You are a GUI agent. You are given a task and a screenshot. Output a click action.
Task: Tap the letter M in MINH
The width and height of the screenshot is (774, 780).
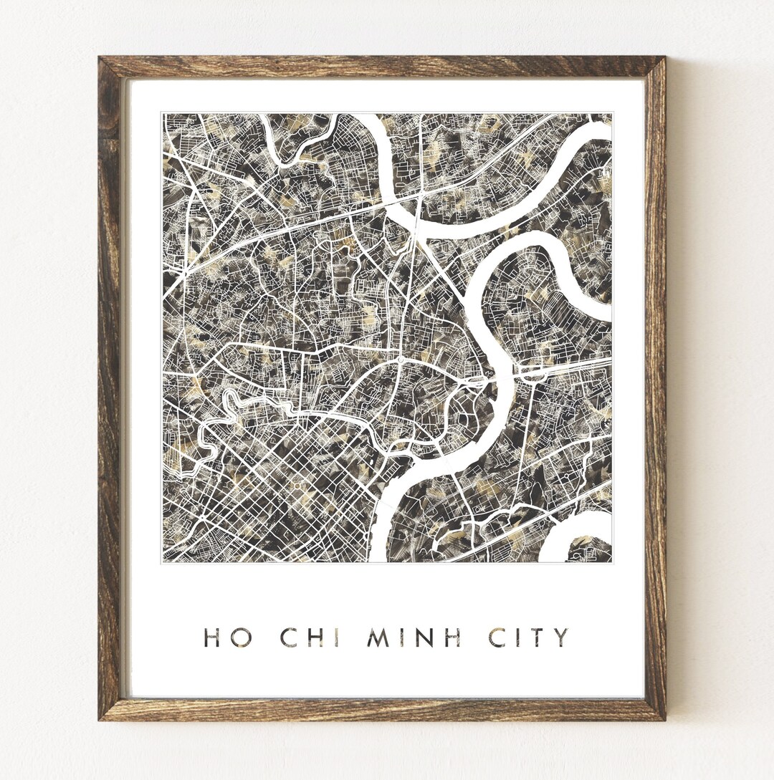pyautogui.click(x=379, y=637)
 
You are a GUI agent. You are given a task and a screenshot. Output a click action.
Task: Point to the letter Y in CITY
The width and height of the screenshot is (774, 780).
pyautogui.click(x=561, y=637)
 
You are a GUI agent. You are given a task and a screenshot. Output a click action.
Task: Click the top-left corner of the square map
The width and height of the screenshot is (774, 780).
pyautogui.click(x=163, y=113)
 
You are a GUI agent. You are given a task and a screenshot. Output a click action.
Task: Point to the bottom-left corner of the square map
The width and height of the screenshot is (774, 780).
pyautogui.click(x=163, y=562)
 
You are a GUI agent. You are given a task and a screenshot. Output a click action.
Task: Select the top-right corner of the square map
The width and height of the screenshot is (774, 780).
pyautogui.click(x=611, y=113)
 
